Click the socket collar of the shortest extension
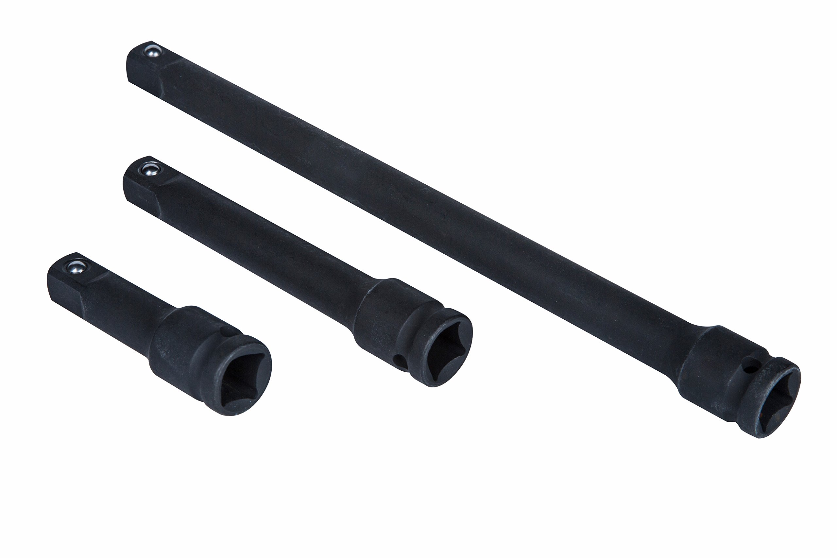tap(178, 342)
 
